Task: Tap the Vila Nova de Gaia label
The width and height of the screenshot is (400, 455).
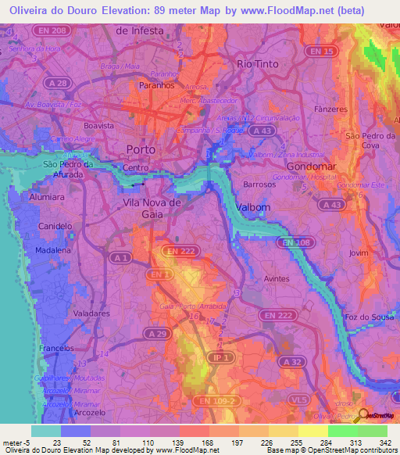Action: click(152, 208)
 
